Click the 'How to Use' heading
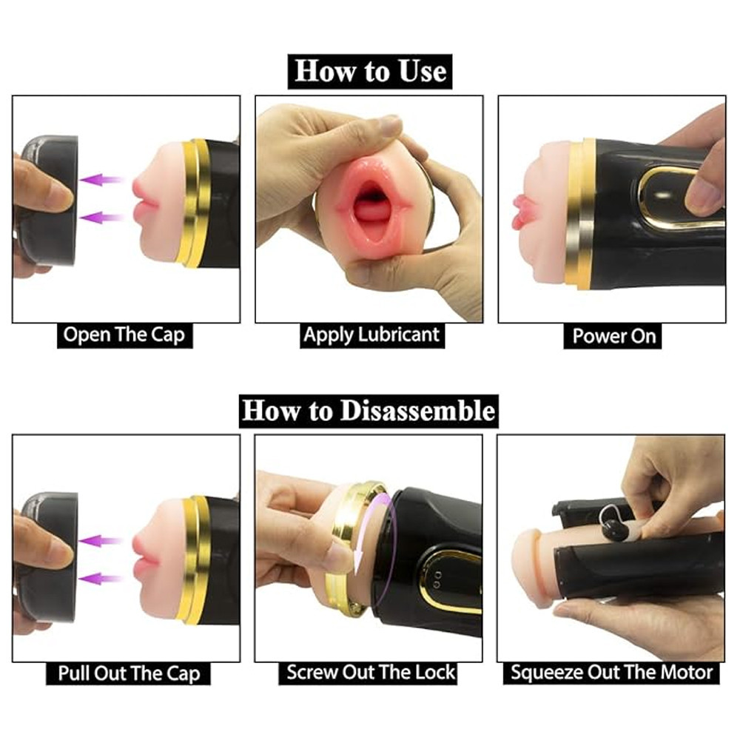click(x=370, y=71)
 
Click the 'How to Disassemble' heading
click(x=369, y=411)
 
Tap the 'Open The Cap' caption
click(x=124, y=335)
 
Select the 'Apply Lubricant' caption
click(x=372, y=335)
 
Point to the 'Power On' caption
click(x=613, y=337)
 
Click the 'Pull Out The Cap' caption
click(x=128, y=673)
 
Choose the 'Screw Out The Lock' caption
click(x=371, y=673)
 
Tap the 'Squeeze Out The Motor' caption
click(x=611, y=673)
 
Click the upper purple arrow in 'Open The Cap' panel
click(x=101, y=179)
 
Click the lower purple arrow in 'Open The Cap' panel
click(x=101, y=217)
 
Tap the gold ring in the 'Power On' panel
click(x=580, y=213)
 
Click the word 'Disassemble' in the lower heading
click(x=417, y=411)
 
